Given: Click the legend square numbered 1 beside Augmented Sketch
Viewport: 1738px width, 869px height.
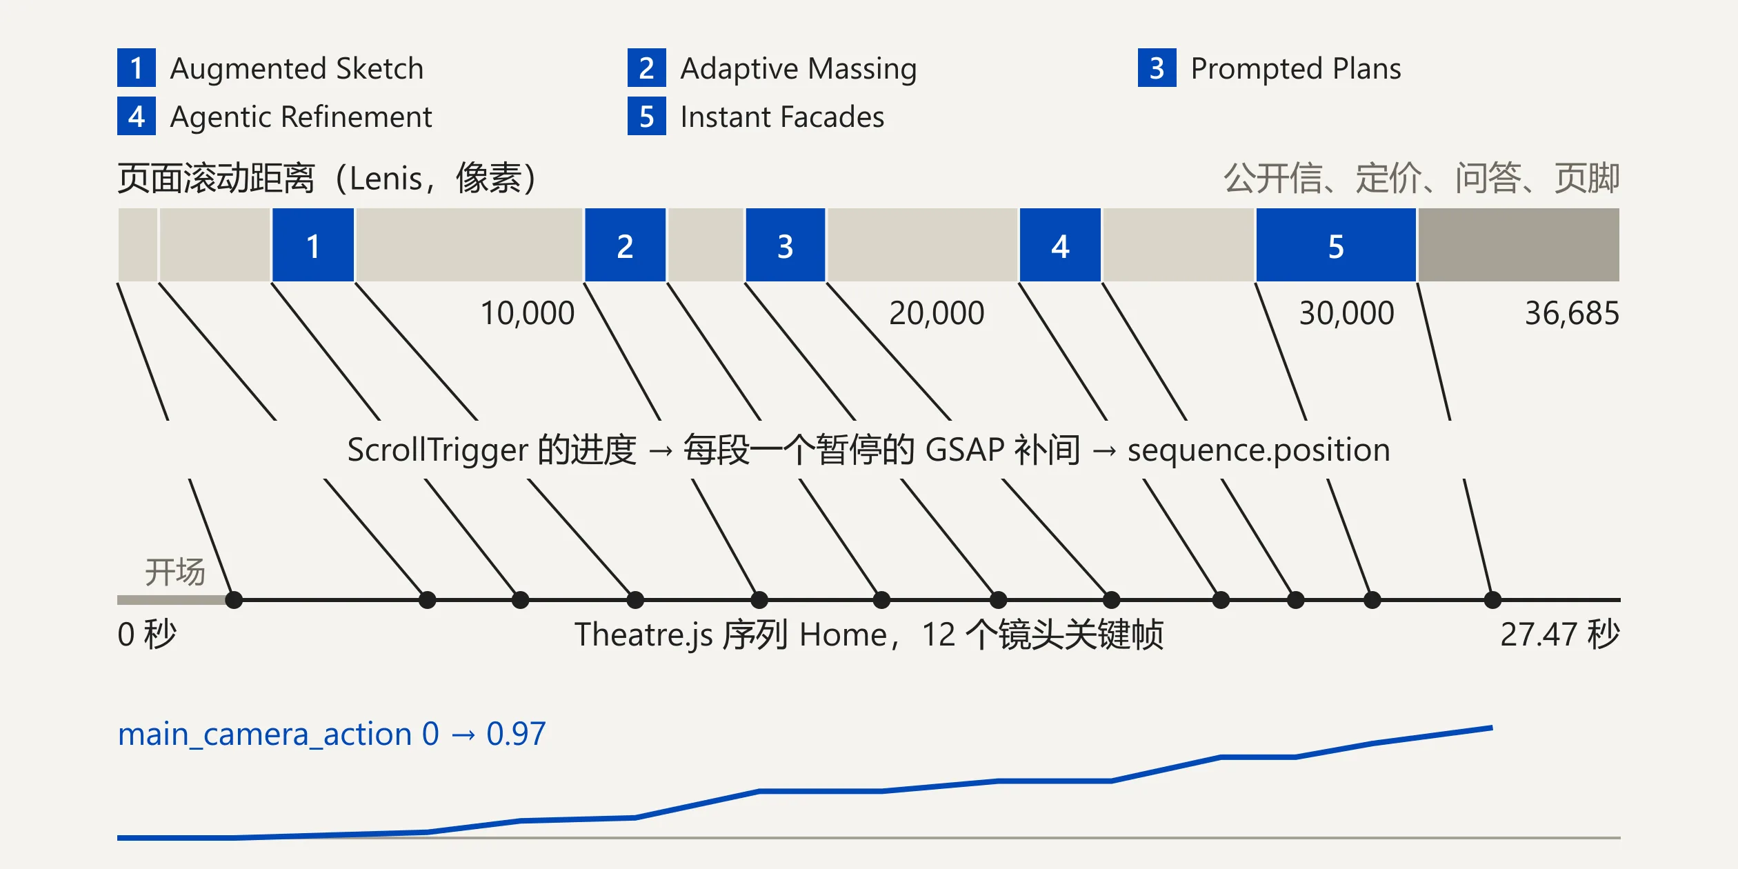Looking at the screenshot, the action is point(137,68).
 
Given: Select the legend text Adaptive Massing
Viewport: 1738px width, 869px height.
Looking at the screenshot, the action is point(799,69).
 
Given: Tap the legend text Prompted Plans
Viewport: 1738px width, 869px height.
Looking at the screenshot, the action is point(1296,69).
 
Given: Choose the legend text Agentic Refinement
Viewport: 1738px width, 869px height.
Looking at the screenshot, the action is point(301,117).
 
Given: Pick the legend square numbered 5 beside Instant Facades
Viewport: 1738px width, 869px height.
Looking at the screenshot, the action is point(647,116).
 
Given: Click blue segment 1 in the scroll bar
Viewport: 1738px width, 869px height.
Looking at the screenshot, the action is point(313,245).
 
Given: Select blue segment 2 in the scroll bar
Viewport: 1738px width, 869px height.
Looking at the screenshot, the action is point(626,245).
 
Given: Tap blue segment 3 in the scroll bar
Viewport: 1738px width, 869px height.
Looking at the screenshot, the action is point(786,245).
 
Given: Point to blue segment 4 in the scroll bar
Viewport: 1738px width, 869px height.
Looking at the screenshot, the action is point(1061,245).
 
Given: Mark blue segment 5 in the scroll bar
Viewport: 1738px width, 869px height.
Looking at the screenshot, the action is point(1336,245).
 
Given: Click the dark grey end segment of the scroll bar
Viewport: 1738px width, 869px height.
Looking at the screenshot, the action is point(1519,245).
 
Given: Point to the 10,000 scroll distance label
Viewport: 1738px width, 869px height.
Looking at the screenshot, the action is point(527,313).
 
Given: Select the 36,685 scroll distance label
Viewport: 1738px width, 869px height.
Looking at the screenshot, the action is point(1572,313).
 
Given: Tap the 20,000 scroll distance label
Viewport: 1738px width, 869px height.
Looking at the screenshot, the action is point(936,313).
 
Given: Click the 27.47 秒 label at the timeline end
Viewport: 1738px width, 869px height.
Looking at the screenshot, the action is point(1560,634).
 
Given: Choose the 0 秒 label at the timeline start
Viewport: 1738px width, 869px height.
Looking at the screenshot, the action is point(147,634).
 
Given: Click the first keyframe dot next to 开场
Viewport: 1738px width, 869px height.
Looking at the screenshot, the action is point(234,600).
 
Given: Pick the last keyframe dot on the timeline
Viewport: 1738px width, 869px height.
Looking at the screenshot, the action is point(1492,600).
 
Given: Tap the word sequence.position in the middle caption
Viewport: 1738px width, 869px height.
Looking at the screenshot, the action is point(1259,450).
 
